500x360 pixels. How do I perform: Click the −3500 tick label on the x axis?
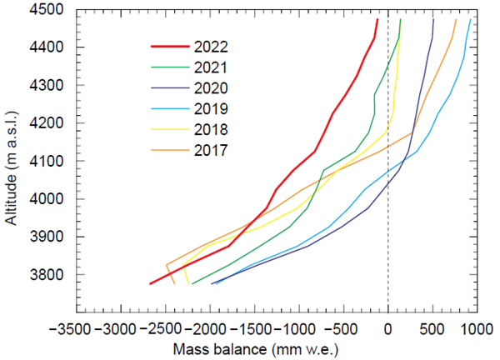tap(75, 329)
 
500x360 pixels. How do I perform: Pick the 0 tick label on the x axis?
tap(388, 329)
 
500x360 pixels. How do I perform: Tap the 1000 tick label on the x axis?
tap(477, 329)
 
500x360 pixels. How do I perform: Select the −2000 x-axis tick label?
tap(209, 329)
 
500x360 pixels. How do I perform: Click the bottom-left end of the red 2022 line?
tap(150, 284)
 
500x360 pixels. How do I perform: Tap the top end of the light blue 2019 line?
tap(471, 19)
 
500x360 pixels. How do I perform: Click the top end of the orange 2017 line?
tap(456, 19)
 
